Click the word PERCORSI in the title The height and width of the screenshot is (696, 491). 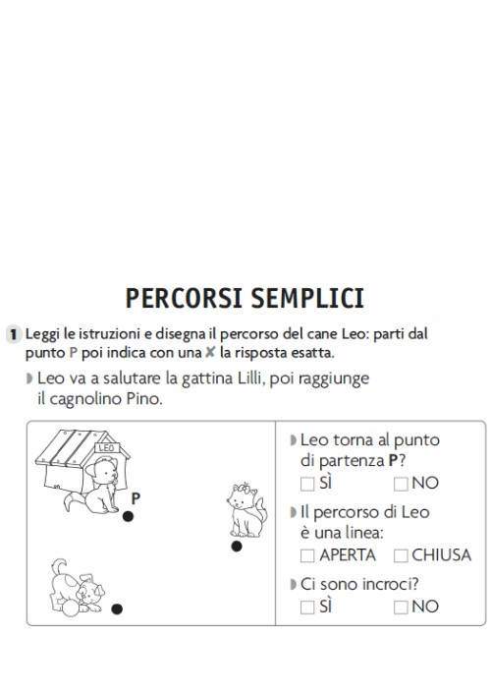pos(184,298)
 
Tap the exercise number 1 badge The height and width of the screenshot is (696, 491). pos(14,334)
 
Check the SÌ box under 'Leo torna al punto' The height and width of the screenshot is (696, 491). pos(308,483)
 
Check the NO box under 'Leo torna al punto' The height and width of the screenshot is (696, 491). pos(401,483)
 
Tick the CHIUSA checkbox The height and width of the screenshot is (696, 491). pos(401,555)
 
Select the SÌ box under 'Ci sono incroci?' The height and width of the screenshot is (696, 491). pos(308,608)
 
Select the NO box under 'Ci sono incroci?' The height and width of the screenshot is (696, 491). pos(401,608)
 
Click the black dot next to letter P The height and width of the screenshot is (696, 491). pos(128,516)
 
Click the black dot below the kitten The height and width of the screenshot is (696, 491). pos(236,546)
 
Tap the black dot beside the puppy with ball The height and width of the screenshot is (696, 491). pos(117,609)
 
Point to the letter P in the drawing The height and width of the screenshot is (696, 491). pos(136,498)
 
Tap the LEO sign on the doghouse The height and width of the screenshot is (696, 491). pos(106,449)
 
